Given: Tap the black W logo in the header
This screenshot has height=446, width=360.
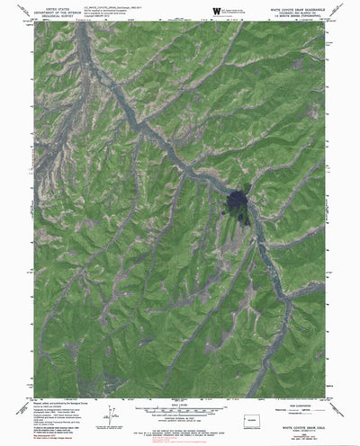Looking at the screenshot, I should point(215,10).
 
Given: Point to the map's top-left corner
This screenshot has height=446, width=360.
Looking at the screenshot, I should point(36,22).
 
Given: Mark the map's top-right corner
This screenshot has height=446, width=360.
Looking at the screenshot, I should point(325,22).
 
